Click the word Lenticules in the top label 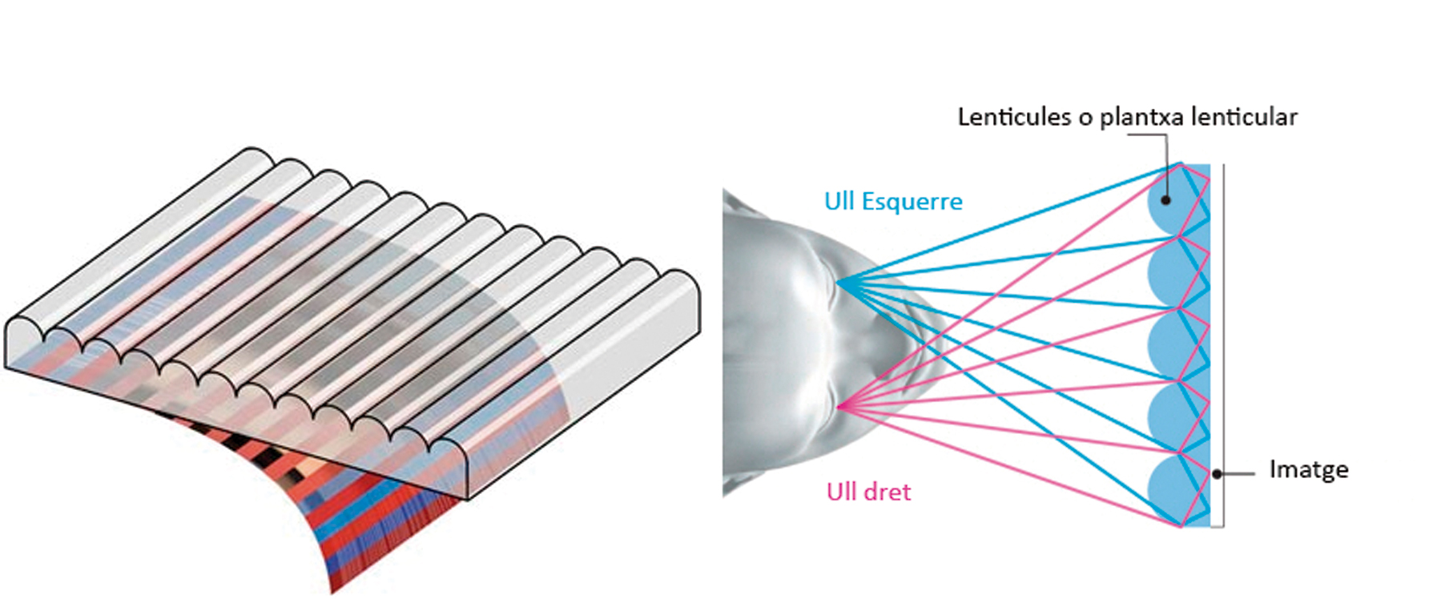point(1014,117)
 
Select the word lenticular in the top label point(1244,117)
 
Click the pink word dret point(887,491)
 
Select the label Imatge point(1309,469)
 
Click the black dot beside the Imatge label point(1217,474)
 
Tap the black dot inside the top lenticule point(1167,199)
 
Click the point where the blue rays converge point(837,282)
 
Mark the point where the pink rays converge point(839,407)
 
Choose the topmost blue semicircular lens point(1166,200)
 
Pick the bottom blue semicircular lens point(1166,490)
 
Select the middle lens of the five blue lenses point(1166,345)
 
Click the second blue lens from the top point(1166,272)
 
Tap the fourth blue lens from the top point(1166,417)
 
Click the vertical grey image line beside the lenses point(1222,345)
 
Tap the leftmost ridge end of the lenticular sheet point(26,330)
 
